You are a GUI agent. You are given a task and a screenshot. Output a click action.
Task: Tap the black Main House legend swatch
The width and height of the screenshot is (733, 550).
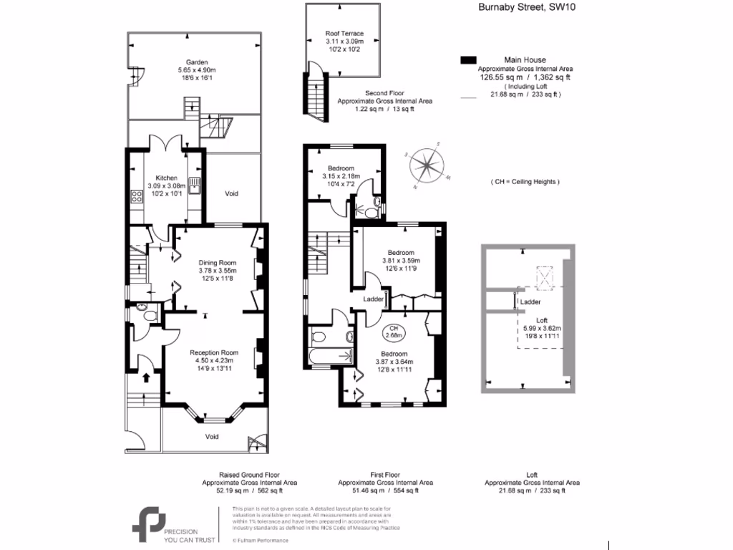pyautogui.click(x=469, y=59)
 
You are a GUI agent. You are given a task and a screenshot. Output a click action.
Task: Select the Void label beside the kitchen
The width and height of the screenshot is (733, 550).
pyautogui.click(x=231, y=193)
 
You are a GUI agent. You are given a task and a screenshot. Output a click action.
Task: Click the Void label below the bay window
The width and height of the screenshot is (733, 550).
pyautogui.click(x=212, y=436)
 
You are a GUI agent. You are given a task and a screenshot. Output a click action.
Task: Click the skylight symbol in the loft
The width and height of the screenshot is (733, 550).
pyautogui.click(x=547, y=276)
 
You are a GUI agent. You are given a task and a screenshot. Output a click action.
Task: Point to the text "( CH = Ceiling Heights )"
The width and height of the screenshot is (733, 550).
pyautogui.click(x=525, y=182)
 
